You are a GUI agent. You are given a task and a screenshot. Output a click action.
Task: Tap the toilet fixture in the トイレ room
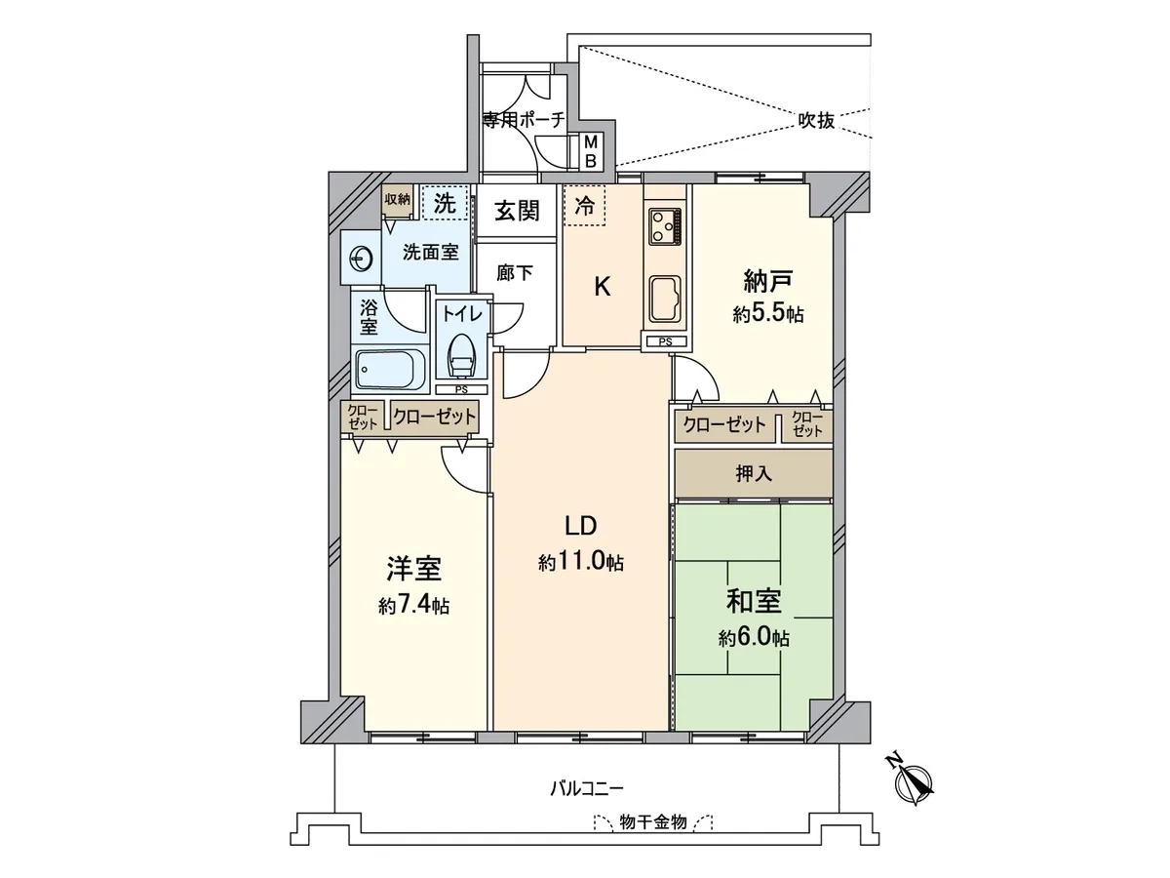point(461,356)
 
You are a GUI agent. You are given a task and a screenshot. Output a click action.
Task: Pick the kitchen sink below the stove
point(665,301)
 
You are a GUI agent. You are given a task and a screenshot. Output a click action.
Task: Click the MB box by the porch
point(591,151)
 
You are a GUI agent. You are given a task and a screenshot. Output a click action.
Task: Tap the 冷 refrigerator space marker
point(584,206)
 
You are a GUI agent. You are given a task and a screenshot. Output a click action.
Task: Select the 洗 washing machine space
point(445,202)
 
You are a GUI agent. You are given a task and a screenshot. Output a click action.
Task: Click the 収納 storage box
point(397,200)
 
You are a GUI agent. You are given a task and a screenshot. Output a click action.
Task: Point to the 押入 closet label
point(754,473)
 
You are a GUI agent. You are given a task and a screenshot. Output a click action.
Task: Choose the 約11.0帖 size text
point(580,562)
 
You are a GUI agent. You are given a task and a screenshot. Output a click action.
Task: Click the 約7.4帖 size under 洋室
point(413,606)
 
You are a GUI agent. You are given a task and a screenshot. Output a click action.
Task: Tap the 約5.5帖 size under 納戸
point(768,314)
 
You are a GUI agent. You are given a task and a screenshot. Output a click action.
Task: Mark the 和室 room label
point(754,601)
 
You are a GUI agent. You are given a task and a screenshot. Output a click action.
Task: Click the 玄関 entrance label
point(517,211)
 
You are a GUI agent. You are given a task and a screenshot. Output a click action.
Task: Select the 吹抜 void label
point(816,121)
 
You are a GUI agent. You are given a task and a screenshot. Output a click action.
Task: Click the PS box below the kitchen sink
point(666,342)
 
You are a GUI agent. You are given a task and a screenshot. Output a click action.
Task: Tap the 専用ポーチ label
point(524,120)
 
